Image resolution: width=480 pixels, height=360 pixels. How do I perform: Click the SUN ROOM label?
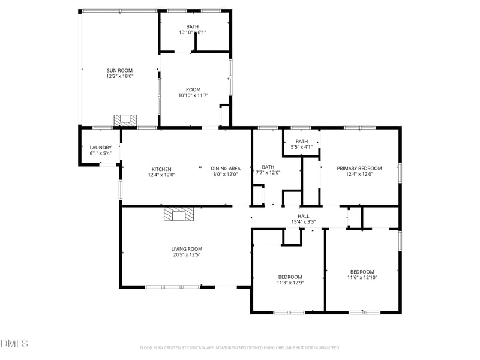[x=119, y=70]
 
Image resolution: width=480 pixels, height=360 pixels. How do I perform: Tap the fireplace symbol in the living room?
[x=178, y=215]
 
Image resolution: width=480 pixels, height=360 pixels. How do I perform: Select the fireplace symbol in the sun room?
[x=125, y=120]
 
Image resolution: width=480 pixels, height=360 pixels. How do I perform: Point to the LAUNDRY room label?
[x=101, y=148]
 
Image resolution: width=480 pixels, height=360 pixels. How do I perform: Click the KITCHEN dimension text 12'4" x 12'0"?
[x=161, y=175]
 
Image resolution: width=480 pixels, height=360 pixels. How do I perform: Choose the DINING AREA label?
[x=226, y=169]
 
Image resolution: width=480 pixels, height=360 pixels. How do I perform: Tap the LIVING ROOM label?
[x=187, y=249]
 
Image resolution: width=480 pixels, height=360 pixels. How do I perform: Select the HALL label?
[x=304, y=216]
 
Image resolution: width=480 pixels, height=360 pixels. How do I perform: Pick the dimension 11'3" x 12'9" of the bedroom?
[x=290, y=283]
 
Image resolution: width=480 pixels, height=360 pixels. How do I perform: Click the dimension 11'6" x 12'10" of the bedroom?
[x=362, y=277]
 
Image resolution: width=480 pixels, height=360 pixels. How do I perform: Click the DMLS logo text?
[x=14, y=344]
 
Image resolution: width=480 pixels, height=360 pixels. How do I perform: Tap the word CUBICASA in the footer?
[x=194, y=347]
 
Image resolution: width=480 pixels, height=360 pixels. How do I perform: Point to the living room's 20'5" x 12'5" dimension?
[x=187, y=255]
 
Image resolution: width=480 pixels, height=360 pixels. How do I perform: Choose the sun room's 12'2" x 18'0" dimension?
[x=119, y=76]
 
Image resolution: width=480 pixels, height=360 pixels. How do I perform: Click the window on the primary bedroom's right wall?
[x=400, y=171]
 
